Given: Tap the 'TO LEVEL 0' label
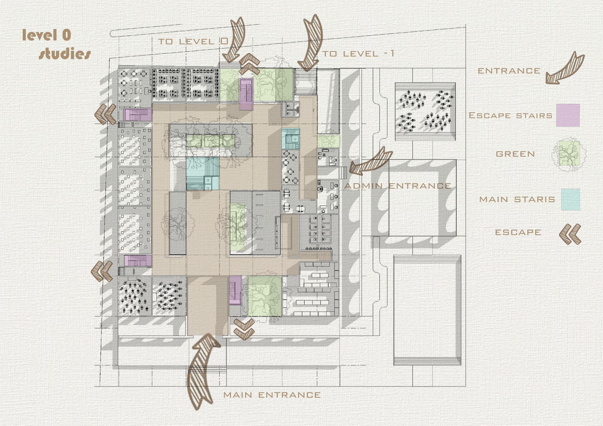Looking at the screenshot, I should click(193, 41).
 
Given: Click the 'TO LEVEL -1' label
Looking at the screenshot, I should click(358, 54).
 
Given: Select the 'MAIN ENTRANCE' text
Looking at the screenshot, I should click(272, 395).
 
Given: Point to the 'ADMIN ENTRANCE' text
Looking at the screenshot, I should click(398, 186).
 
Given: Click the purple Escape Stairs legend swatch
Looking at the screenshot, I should click(568, 115).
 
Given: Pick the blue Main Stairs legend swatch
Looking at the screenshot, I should click(571, 199).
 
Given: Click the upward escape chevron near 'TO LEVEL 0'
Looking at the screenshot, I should click(249, 64).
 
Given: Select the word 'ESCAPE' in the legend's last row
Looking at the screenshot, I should click(518, 232).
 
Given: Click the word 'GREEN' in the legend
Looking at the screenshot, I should click(515, 154).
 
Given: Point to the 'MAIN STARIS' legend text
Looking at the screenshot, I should click(517, 199).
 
